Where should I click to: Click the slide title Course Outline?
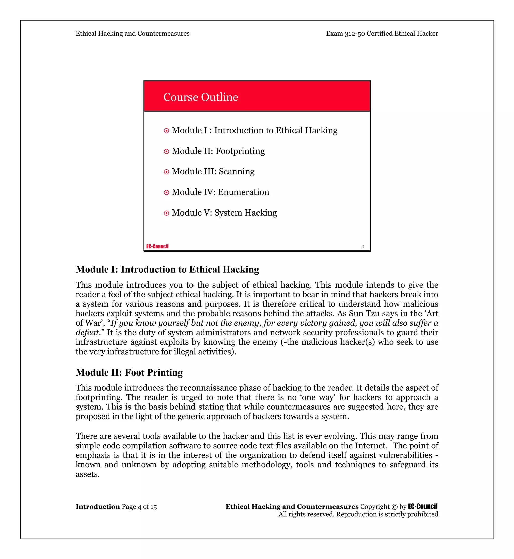201,97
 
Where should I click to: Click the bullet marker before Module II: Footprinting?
166,151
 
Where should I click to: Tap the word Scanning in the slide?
236,171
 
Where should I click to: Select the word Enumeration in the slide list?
243,192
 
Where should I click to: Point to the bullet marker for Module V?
166,213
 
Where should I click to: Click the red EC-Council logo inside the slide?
157,246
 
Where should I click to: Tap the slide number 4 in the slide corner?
363,247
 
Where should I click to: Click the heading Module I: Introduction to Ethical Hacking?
167,269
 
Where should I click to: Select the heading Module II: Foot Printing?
129,372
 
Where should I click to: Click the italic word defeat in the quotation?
87,333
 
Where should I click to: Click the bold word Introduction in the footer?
98,507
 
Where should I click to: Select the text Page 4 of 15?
139,507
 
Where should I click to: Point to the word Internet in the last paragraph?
371,446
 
